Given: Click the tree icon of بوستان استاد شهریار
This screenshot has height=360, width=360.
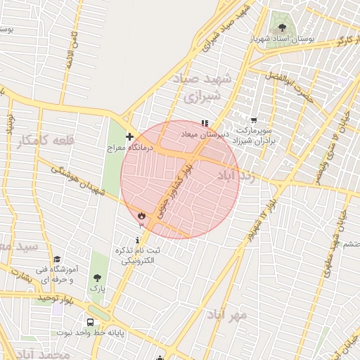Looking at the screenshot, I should (x=282, y=28).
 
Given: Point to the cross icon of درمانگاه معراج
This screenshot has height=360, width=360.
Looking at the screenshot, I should (x=129, y=136).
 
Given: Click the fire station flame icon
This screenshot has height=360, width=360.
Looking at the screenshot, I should (x=142, y=215).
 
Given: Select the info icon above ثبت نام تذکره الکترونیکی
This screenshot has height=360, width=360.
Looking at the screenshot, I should (x=136, y=240).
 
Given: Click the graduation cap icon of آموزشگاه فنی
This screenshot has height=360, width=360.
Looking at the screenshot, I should (x=57, y=259).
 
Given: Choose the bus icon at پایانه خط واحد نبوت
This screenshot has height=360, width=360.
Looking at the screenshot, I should (x=89, y=321).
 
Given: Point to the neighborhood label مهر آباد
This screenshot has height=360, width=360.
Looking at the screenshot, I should (x=227, y=314).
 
